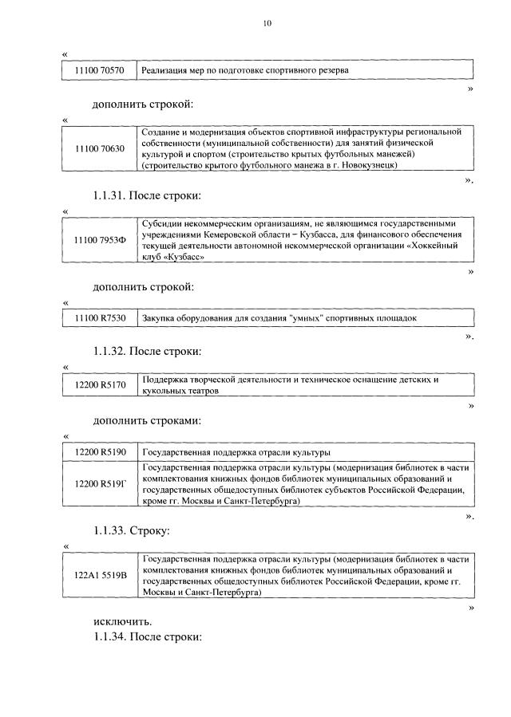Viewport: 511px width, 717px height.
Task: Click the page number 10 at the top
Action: (267, 23)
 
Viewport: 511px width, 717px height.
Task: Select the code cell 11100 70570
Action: (100, 70)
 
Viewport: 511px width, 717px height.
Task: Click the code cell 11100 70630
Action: (100, 148)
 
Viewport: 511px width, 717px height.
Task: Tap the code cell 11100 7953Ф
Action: (100, 241)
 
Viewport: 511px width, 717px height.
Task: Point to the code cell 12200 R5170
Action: (100, 385)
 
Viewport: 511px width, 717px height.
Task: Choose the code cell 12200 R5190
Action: (100, 452)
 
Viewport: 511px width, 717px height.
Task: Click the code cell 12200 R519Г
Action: (100, 484)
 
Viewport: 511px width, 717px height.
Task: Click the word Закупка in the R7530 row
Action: (159, 319)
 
